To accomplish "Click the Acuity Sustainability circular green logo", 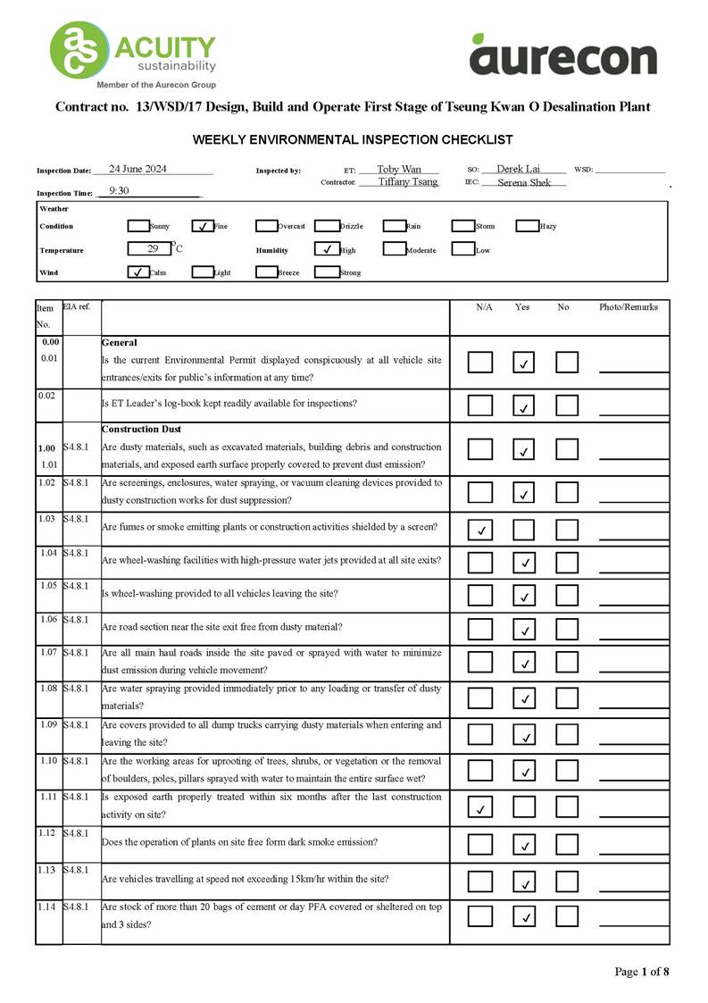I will click(x=78, y=51).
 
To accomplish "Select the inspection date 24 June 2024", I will click(x=137, y=169).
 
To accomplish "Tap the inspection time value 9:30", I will click(x=119, y=191).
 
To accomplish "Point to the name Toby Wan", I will click(x=398, y=169).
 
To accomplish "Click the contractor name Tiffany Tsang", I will click(x=408, y=181).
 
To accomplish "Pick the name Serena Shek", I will click(x=524, y=182).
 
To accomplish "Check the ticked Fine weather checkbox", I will click(x=204, y=226).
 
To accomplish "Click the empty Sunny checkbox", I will click(x=138, y=226).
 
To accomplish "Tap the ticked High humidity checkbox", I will click(x=327, y=250).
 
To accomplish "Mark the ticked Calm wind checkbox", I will click(x=138, y=272).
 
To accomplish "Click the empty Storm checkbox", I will click(x=462, y=226).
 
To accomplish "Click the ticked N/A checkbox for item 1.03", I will click(x=480, y=530).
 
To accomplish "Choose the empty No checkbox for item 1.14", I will click(x=567, y=915).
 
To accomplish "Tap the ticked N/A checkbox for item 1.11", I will click(x=480, y=808).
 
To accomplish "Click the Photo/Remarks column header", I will click(x=629, y=307).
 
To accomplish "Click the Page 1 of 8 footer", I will click(x=641, y=972).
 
